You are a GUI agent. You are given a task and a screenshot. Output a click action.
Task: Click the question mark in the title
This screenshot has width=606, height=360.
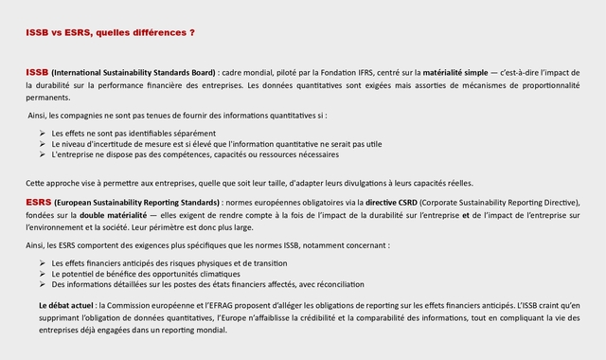pos(192,33)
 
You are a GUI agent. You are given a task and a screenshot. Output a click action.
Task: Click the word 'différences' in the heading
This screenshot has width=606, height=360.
pos(157,33)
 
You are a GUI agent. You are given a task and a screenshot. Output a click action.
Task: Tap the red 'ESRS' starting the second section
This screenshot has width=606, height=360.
pos(39,202)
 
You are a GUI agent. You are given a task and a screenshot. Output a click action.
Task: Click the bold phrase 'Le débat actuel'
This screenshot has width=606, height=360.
pos(66,306)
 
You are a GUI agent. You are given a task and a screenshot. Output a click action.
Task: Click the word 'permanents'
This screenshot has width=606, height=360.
pos(47,98)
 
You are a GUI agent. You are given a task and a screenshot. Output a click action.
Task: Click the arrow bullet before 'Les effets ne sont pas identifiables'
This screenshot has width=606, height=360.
pos(43,133)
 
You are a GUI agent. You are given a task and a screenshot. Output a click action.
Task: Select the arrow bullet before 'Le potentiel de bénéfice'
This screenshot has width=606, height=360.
pos(43,274)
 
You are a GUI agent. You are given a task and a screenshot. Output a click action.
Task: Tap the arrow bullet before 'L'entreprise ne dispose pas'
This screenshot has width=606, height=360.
pos(43,153)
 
